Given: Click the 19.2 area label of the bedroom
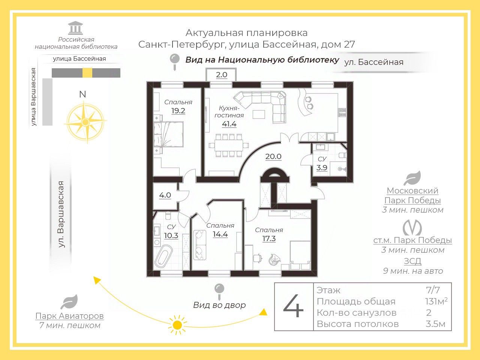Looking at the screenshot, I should point(178,111).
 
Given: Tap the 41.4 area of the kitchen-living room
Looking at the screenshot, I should point(229,124).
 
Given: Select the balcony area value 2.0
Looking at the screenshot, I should point(222,75).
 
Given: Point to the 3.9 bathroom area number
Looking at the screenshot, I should point(322,168).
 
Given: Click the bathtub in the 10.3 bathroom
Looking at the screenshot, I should point(163,257).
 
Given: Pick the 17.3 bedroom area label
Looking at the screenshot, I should point(269,238).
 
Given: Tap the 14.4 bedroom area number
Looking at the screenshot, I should point(220,234).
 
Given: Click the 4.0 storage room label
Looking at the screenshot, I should point(165,195).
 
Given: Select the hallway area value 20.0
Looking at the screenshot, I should point(273,156).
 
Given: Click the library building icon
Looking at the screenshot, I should point(76,28).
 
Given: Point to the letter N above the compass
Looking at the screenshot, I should point(82,94).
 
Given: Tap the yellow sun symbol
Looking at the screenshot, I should point(177,325).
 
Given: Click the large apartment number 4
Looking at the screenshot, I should point(293,306).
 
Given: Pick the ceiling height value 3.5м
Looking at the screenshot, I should point(435,324).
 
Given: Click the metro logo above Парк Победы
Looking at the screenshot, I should point(412,228).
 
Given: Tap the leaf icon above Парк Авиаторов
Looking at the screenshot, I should point(69,302).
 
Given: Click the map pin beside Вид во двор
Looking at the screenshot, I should point(219,291).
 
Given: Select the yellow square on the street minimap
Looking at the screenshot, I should point(87,73).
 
